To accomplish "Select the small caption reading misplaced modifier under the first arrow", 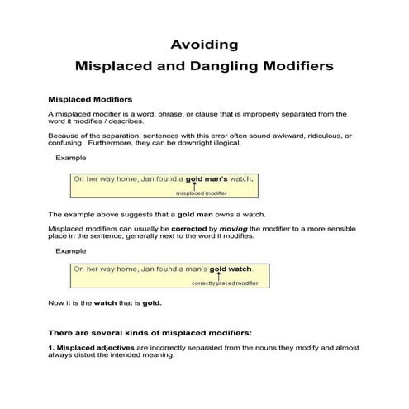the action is (202, 193).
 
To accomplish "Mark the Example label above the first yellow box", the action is (70, 157).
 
